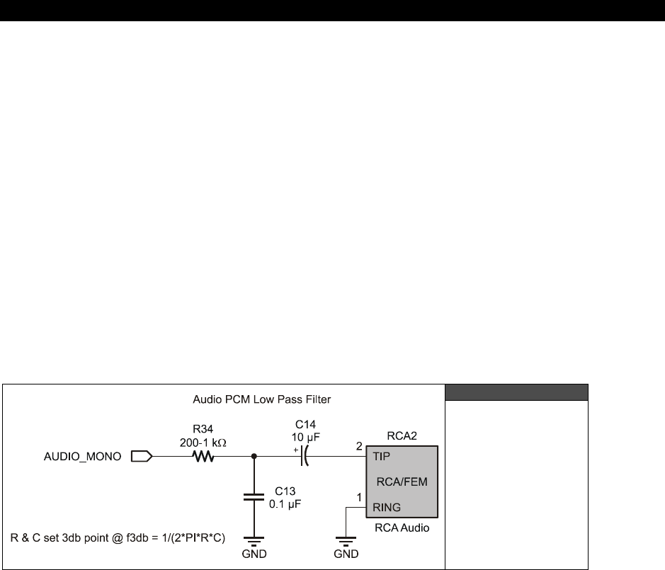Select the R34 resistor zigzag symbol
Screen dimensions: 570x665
point(204,457)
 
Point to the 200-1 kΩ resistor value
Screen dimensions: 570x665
point(204,442)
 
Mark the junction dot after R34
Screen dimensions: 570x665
point(254,457)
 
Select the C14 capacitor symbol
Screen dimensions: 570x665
point(305,457)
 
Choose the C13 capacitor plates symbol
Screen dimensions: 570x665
point(254,498)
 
